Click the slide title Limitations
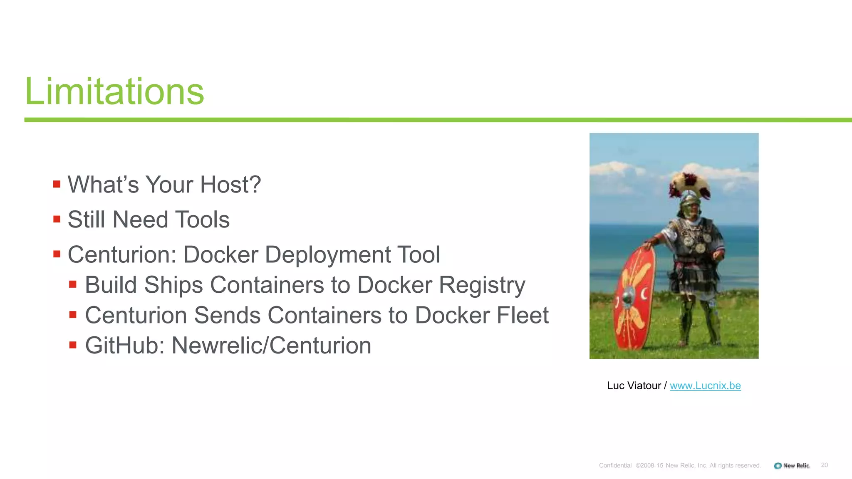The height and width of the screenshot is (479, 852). [114, 91]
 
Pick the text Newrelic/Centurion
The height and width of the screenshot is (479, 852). [271, 346]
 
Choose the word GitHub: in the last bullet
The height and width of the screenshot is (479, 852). [125, 346]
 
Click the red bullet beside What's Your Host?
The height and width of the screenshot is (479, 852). [57, 184]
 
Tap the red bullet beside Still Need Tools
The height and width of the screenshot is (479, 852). [57, 219]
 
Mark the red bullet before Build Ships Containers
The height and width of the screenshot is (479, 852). [73, 284]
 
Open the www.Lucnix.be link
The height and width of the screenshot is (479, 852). [705, 385]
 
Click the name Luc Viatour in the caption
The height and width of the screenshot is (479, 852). [634, 385]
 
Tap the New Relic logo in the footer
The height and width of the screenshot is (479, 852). [792, 465]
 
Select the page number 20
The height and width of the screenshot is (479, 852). [824, 465]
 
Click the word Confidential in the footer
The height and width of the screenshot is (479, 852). [615, 465]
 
